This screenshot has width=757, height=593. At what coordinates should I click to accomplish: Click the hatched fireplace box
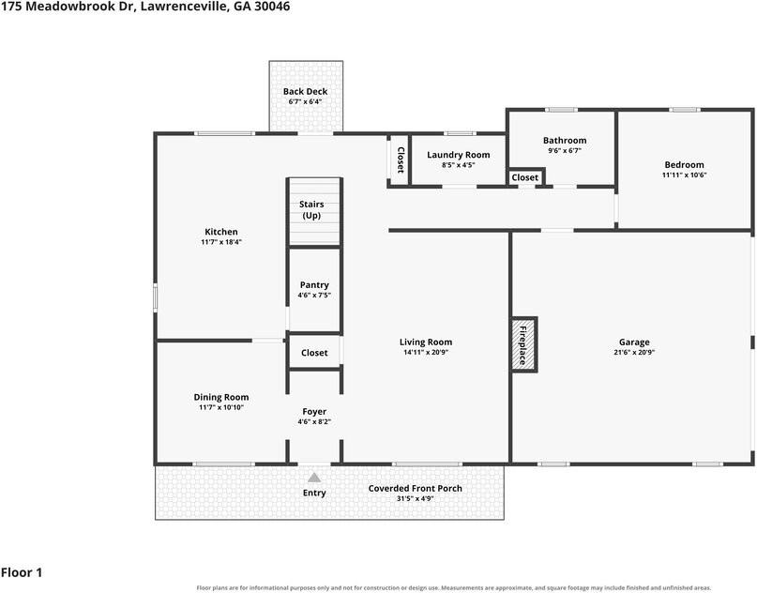click(x=524, y=344)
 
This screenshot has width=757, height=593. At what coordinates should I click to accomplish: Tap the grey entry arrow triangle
click(x=314, y=478)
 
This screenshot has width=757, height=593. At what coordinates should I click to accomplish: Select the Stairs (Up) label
click(x=311, y=210)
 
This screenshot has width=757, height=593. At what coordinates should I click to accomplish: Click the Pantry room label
click(x=314, y=285)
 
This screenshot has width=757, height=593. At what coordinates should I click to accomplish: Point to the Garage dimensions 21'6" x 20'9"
click(x=634, y=353)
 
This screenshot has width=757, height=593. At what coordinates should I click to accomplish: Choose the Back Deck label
click(x=305, y=91)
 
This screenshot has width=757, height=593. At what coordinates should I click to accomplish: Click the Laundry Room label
click(x=458, y=155)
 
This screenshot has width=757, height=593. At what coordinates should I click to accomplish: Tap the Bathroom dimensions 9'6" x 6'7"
click(x=565, y=151)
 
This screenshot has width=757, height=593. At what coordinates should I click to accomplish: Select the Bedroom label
click(x=684, y=164)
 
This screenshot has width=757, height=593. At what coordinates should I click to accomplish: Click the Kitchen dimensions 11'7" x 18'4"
click(x=221, y=242)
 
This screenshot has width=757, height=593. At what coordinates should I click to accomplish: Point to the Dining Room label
click(x=221, y=397)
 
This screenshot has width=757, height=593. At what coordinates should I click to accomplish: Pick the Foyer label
click(x=314, y=411)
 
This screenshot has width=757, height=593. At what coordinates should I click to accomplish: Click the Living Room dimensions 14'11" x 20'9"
click(x=426, y=353)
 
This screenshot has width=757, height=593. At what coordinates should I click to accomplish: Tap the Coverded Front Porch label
click(x=416, y=488)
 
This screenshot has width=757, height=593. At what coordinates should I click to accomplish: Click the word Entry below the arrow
click(x=314, y=493)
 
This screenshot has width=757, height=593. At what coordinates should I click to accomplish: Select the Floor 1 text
click(x=22, y=572)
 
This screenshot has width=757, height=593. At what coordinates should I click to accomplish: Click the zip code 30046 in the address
click(x=273, y=7)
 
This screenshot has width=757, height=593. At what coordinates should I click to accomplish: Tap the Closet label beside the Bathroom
click(x=524, y=177)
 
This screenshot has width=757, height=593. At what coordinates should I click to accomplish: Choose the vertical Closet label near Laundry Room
click(x=401, y=160)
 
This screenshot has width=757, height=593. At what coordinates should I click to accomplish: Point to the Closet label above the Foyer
click(x=314, y=353)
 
